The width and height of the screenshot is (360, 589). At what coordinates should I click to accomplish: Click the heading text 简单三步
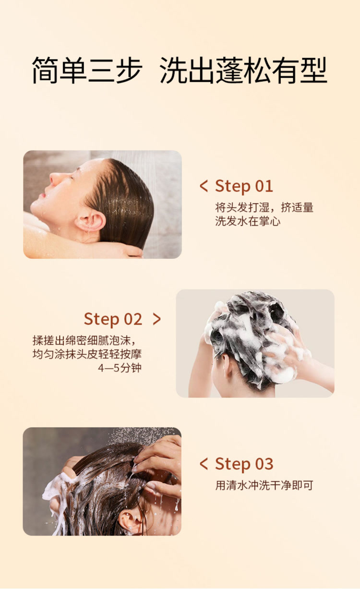[x=87, y=70]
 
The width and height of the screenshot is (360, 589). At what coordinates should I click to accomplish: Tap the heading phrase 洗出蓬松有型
[x=243, y=70]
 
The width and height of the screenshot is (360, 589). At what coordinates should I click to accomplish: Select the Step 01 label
[x=244, y=186]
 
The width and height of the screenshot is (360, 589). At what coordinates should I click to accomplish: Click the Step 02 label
[x=113, y=319]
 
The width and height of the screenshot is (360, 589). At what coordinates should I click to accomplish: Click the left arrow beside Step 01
[x=204, y=186]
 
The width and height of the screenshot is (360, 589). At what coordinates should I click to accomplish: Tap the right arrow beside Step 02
[x=157, y=319]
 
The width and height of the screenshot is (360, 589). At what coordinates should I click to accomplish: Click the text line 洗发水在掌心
[x=248, y=221]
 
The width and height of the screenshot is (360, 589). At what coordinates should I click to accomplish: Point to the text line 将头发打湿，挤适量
[x=264, y=207]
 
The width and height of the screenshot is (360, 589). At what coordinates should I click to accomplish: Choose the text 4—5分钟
[x=120, y=368]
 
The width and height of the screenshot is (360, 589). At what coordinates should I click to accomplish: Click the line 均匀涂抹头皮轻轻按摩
[x=87, y=354]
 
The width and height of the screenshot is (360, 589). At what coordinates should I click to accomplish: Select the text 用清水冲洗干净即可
[x=264, y=485]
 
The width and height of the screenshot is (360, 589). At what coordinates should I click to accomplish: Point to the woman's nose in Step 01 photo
[x=54, y=179]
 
